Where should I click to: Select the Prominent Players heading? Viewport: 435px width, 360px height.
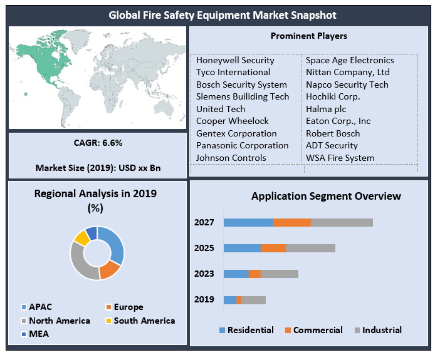(308, 36)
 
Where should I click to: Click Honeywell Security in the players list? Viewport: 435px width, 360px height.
(235, 61)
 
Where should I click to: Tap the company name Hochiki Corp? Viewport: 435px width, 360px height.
(333, 97)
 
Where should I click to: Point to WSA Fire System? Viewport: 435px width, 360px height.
(340, 158)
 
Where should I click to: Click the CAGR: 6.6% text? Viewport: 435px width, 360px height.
(98, 143)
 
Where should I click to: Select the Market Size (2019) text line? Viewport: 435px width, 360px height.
(98, 168)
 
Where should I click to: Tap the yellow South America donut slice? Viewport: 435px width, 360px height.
(81, 237)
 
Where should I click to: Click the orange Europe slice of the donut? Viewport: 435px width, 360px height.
(110, 269)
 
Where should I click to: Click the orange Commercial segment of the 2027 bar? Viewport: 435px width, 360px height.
(291, 222)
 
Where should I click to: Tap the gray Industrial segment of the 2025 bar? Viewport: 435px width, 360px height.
(310, 248)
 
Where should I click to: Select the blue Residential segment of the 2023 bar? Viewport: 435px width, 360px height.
(236, 274)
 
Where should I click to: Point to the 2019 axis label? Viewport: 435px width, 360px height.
(204, 300)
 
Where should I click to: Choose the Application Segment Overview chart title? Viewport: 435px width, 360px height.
(326, 196)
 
